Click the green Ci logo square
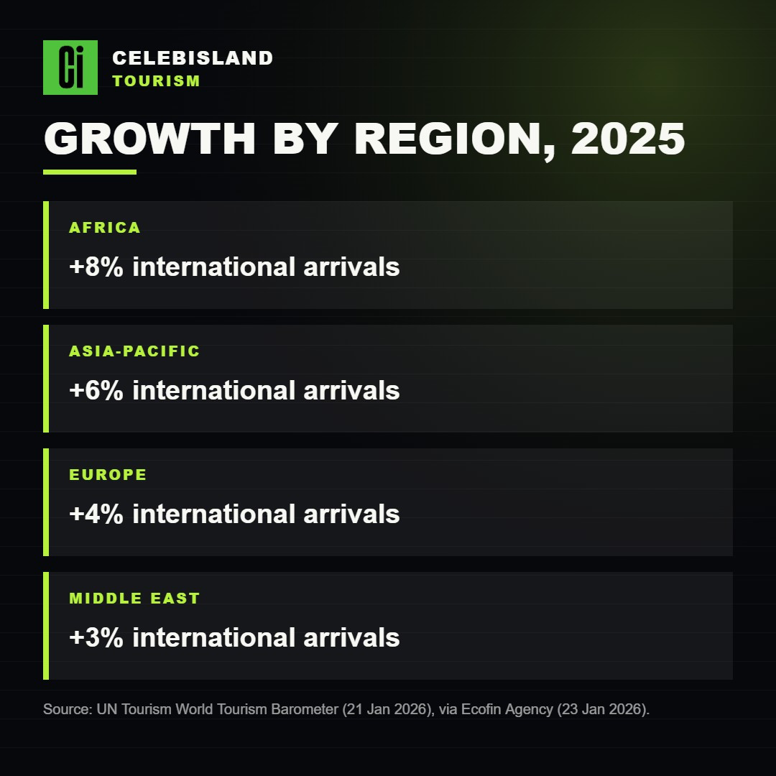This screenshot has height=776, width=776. [70, 68]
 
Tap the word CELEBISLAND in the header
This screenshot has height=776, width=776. [193, 58]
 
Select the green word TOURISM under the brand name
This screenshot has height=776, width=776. [157, 80]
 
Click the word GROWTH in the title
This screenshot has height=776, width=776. [149, 139]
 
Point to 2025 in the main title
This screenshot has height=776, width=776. [628, 139]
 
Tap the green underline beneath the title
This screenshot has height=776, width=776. [90, 172]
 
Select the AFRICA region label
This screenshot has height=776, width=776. [105, 228]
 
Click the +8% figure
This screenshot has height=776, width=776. [96, 267]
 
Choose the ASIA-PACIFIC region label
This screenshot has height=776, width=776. [134, 351]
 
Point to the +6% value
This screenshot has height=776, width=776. [96, 390]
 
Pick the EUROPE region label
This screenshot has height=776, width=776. [108, 475]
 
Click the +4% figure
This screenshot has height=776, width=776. [96, 514]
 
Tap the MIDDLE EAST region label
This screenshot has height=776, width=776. [134, 599]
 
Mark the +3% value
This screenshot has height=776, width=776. [96, 637]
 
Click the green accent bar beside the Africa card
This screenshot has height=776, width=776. [46, 255]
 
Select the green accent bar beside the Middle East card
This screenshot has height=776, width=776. [46, 626]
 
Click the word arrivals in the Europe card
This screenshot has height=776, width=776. [351, 514]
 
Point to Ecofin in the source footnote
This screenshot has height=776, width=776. [481, 709]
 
